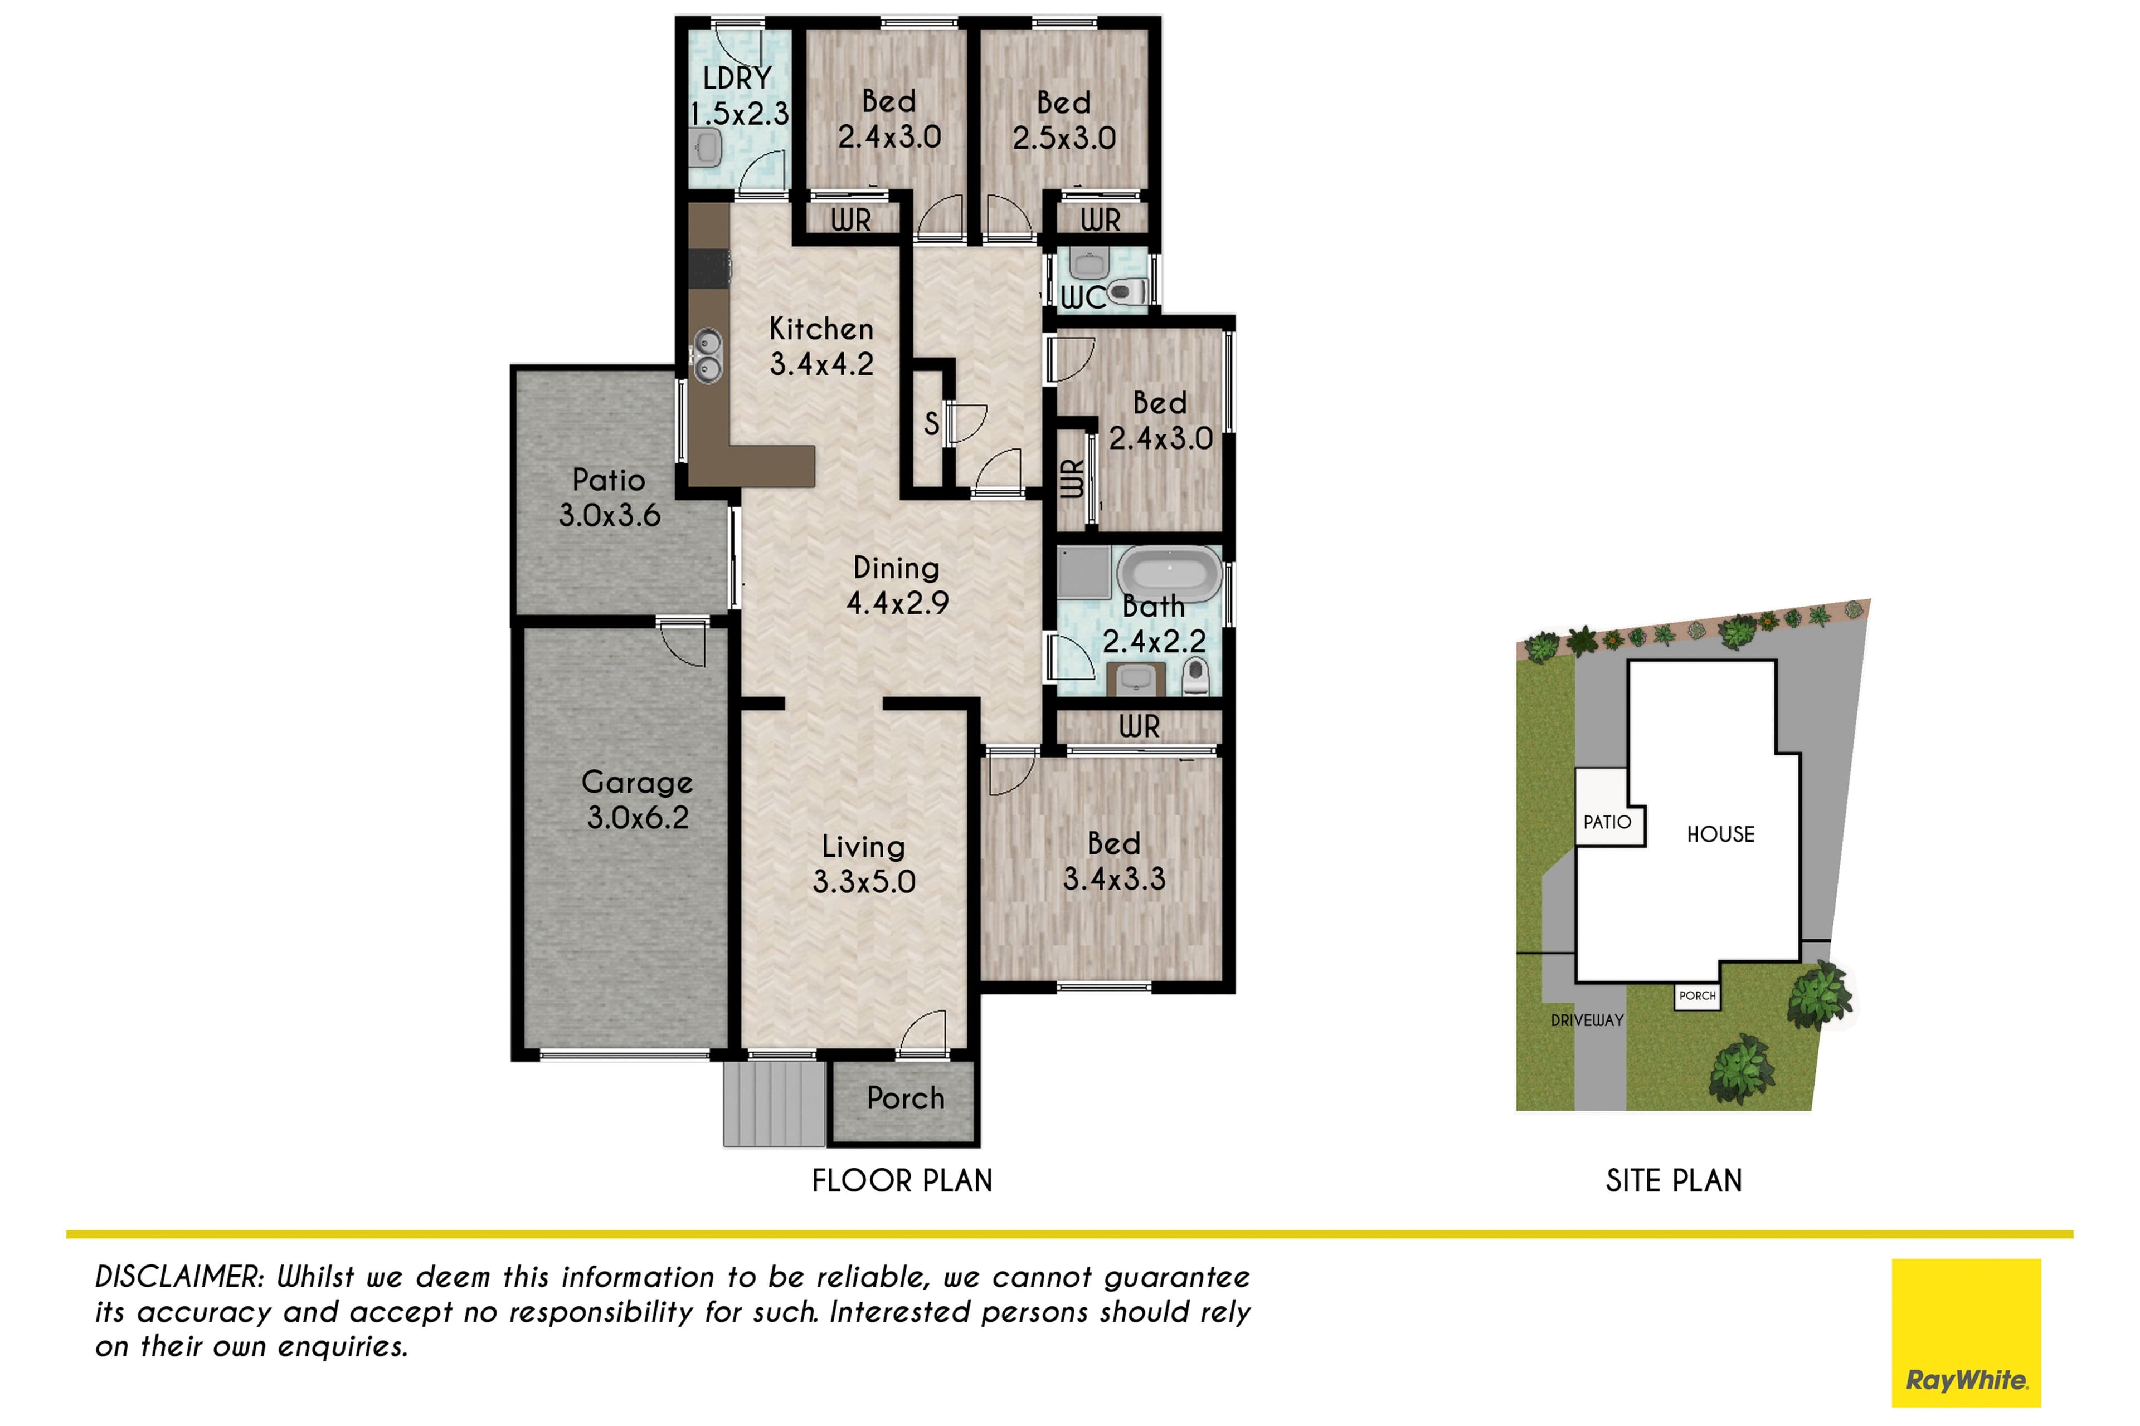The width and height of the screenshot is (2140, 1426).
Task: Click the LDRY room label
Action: pos(737,78)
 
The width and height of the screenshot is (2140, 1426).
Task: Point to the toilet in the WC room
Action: pos(1128,292)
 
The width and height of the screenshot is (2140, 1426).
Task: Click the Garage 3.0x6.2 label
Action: pos(637,799)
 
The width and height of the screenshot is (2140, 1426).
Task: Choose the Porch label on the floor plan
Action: pos(905,1098)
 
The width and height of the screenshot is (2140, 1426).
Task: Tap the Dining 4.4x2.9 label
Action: pos(897,585)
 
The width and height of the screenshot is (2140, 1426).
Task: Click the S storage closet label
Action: pos(931,423)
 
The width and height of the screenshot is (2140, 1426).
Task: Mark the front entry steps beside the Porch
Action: pos(774,1103)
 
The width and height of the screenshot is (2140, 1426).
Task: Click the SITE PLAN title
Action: pos(1674,1180)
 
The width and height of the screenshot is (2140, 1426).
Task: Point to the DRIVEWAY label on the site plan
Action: pos(1587,1020)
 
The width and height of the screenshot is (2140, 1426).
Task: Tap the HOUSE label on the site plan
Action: pos(1720,834)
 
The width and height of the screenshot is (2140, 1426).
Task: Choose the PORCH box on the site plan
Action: pos(1698,996)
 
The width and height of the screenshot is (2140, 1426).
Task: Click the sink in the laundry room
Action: pos(705,147)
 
